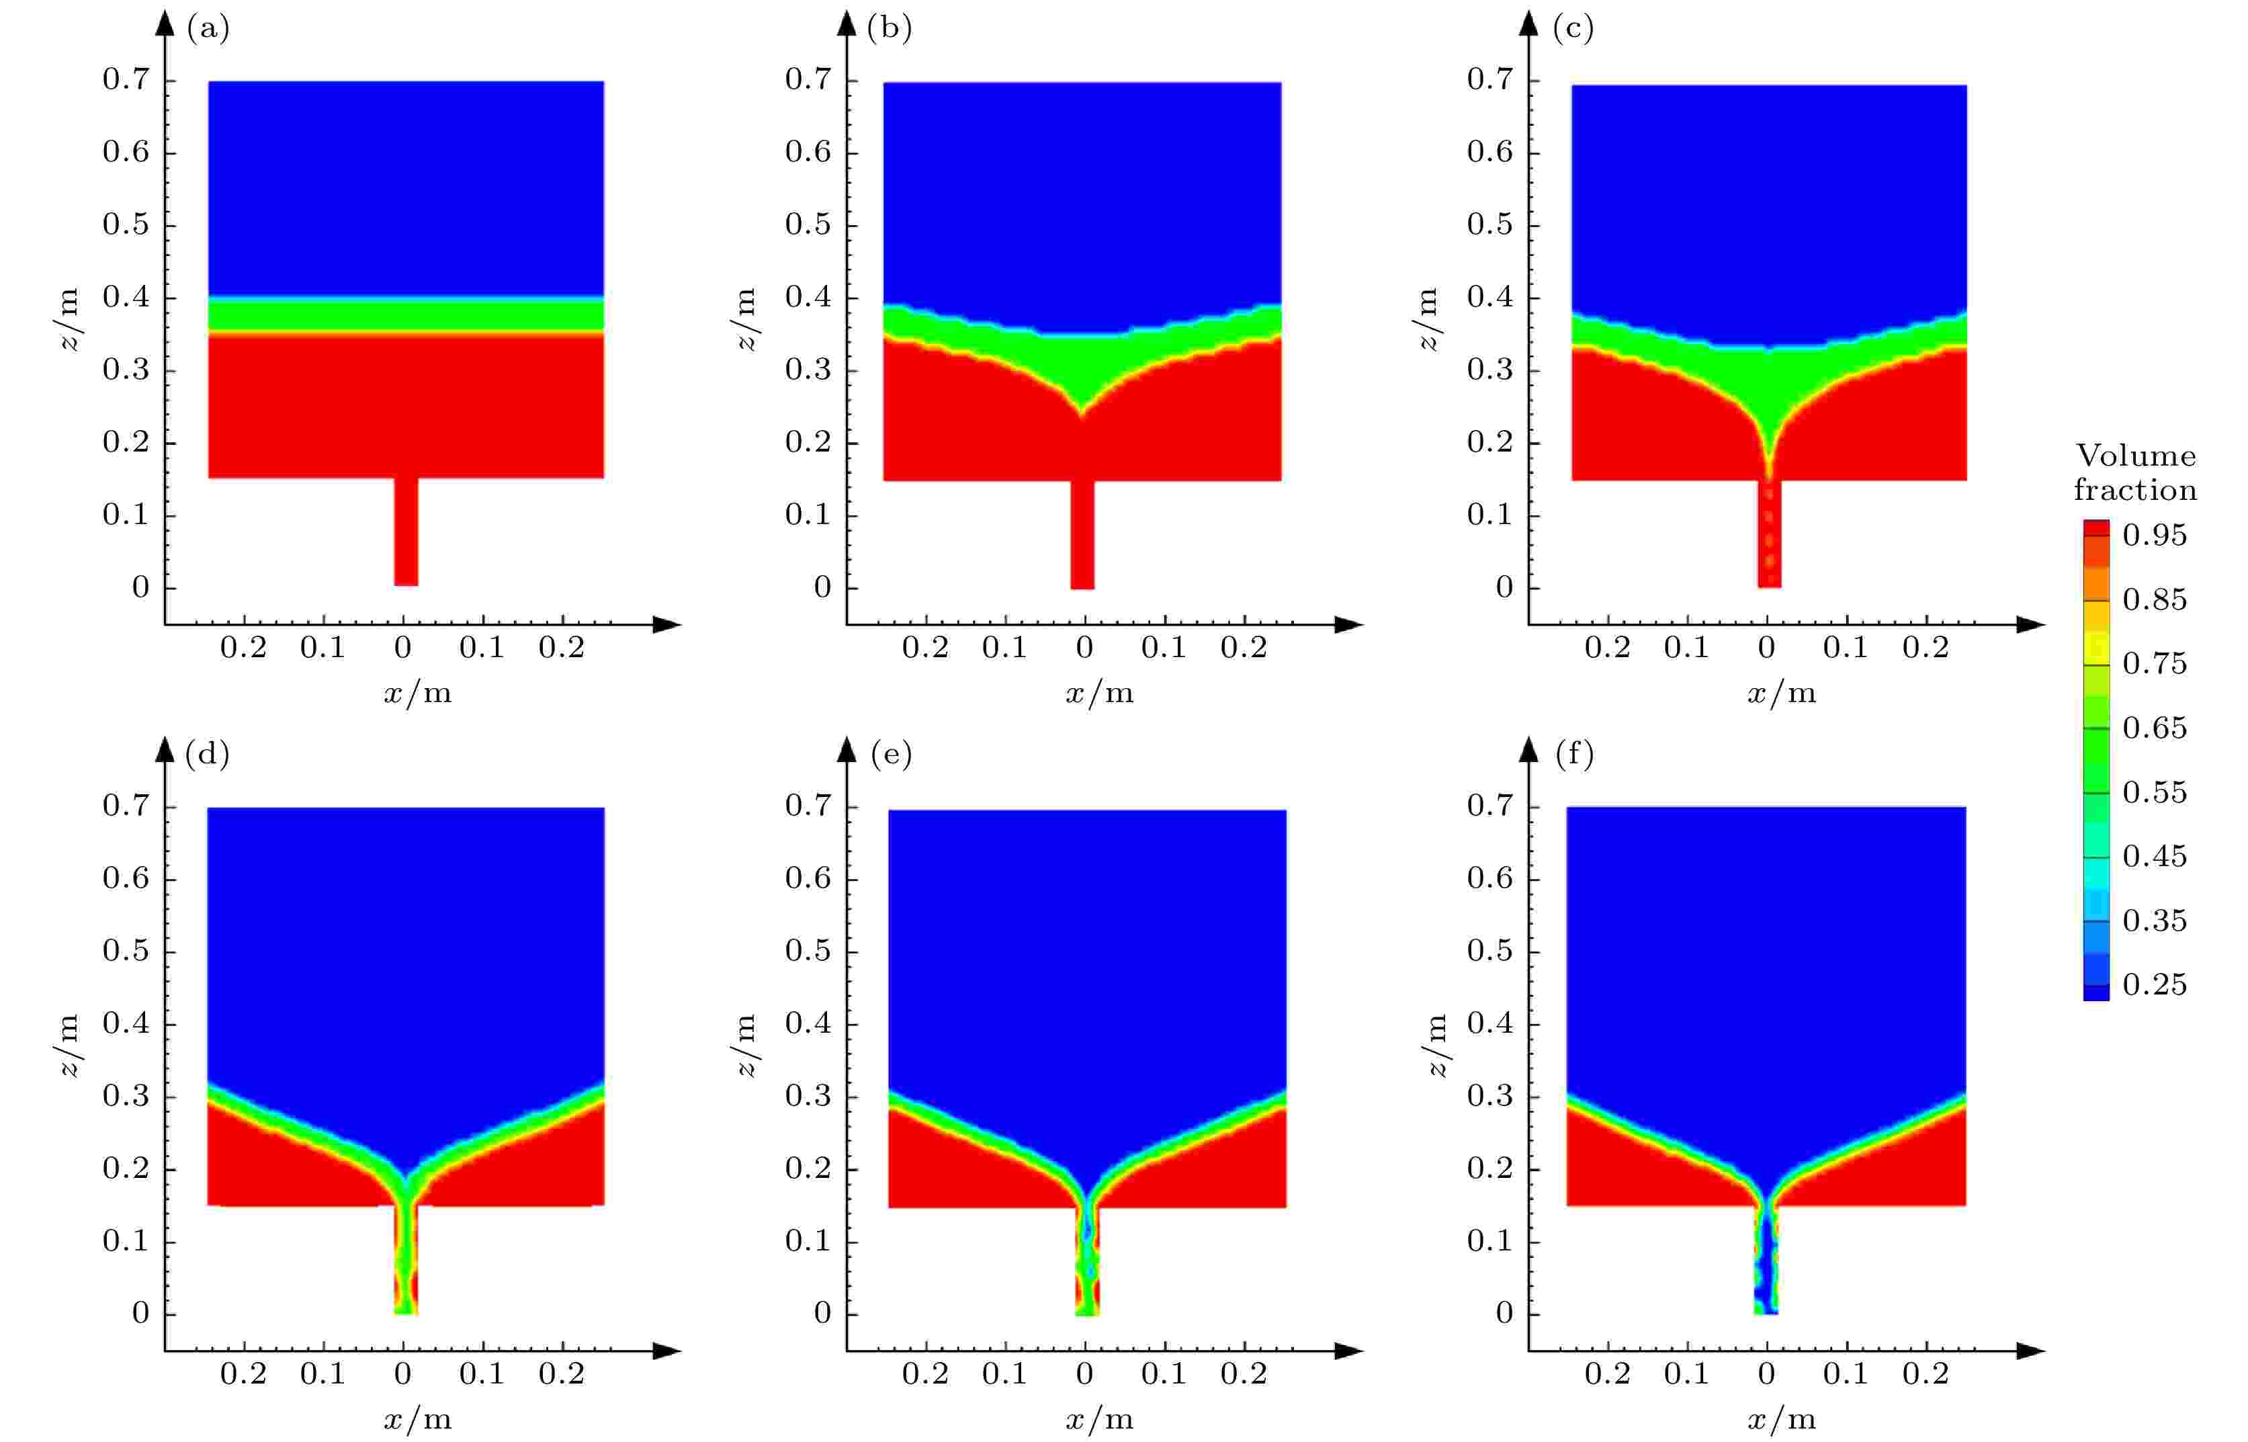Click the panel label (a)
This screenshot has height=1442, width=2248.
click(x=208, y=29)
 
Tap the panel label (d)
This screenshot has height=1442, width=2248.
click(x=207, y=755)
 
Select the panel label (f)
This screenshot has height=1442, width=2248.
click(x=1574, y=755)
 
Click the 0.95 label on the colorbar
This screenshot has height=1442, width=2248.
click(x=2155, y=536)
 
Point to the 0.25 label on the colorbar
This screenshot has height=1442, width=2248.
click(x=2155, y=985)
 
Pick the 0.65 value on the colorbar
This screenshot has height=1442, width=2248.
click(x=2155, y=728)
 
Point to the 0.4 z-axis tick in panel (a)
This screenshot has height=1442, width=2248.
click(x=126, y=298)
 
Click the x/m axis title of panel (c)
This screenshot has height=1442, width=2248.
click(x=1781, y=694)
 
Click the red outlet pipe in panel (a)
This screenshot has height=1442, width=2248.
click(x=405, y=532)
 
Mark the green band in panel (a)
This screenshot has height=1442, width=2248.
click(x=405, y=316)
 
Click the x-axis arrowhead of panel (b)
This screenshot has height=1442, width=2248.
click(x=1348, y=624)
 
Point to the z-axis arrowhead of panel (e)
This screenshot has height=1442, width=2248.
click(x=847, y=749)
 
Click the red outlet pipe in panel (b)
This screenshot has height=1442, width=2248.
click(x=1082, y=535)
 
